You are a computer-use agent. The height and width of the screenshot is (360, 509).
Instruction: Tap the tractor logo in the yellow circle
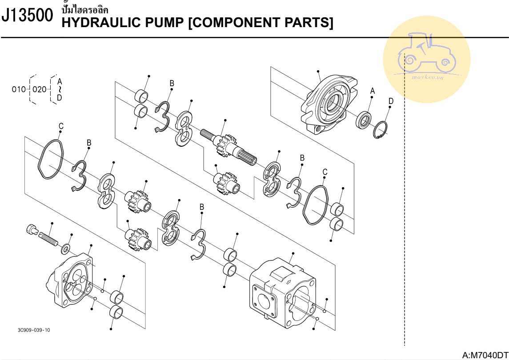427,53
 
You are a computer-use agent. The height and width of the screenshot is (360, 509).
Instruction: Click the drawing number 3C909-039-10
34,330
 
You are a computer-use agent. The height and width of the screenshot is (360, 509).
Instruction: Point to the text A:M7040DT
485,355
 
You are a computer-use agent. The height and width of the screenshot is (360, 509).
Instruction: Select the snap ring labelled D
380,130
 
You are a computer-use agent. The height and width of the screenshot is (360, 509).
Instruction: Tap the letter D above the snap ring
391,101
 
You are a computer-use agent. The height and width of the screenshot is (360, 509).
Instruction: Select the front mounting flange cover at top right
329,104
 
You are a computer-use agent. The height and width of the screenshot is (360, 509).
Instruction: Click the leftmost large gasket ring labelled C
50,160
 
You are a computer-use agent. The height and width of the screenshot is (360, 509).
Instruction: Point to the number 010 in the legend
19,89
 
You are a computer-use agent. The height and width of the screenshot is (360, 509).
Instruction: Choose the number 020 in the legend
39,89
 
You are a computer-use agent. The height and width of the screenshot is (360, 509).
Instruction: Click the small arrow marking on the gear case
288,281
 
